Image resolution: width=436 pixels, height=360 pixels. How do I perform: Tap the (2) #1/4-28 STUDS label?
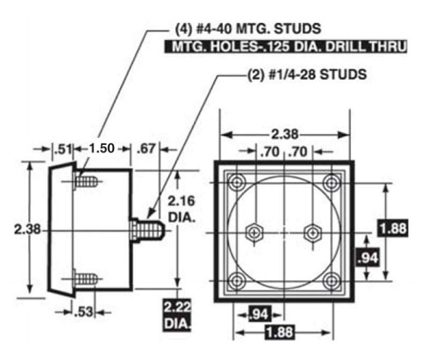[x=304, y=74]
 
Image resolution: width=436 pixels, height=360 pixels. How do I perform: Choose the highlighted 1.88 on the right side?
[x=393, y=228]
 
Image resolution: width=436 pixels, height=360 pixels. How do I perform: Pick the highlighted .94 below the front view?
[x=259, y=314]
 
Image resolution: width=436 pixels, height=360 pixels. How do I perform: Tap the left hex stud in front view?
[x=255, y=232]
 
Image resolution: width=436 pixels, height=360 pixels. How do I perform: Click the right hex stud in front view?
[x=312, y=232]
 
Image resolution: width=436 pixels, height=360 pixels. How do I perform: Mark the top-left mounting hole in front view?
[x=236, y=182]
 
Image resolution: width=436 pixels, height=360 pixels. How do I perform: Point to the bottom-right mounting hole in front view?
[x=332, y=280]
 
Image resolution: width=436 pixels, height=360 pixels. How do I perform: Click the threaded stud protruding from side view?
[x=150, y=231]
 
